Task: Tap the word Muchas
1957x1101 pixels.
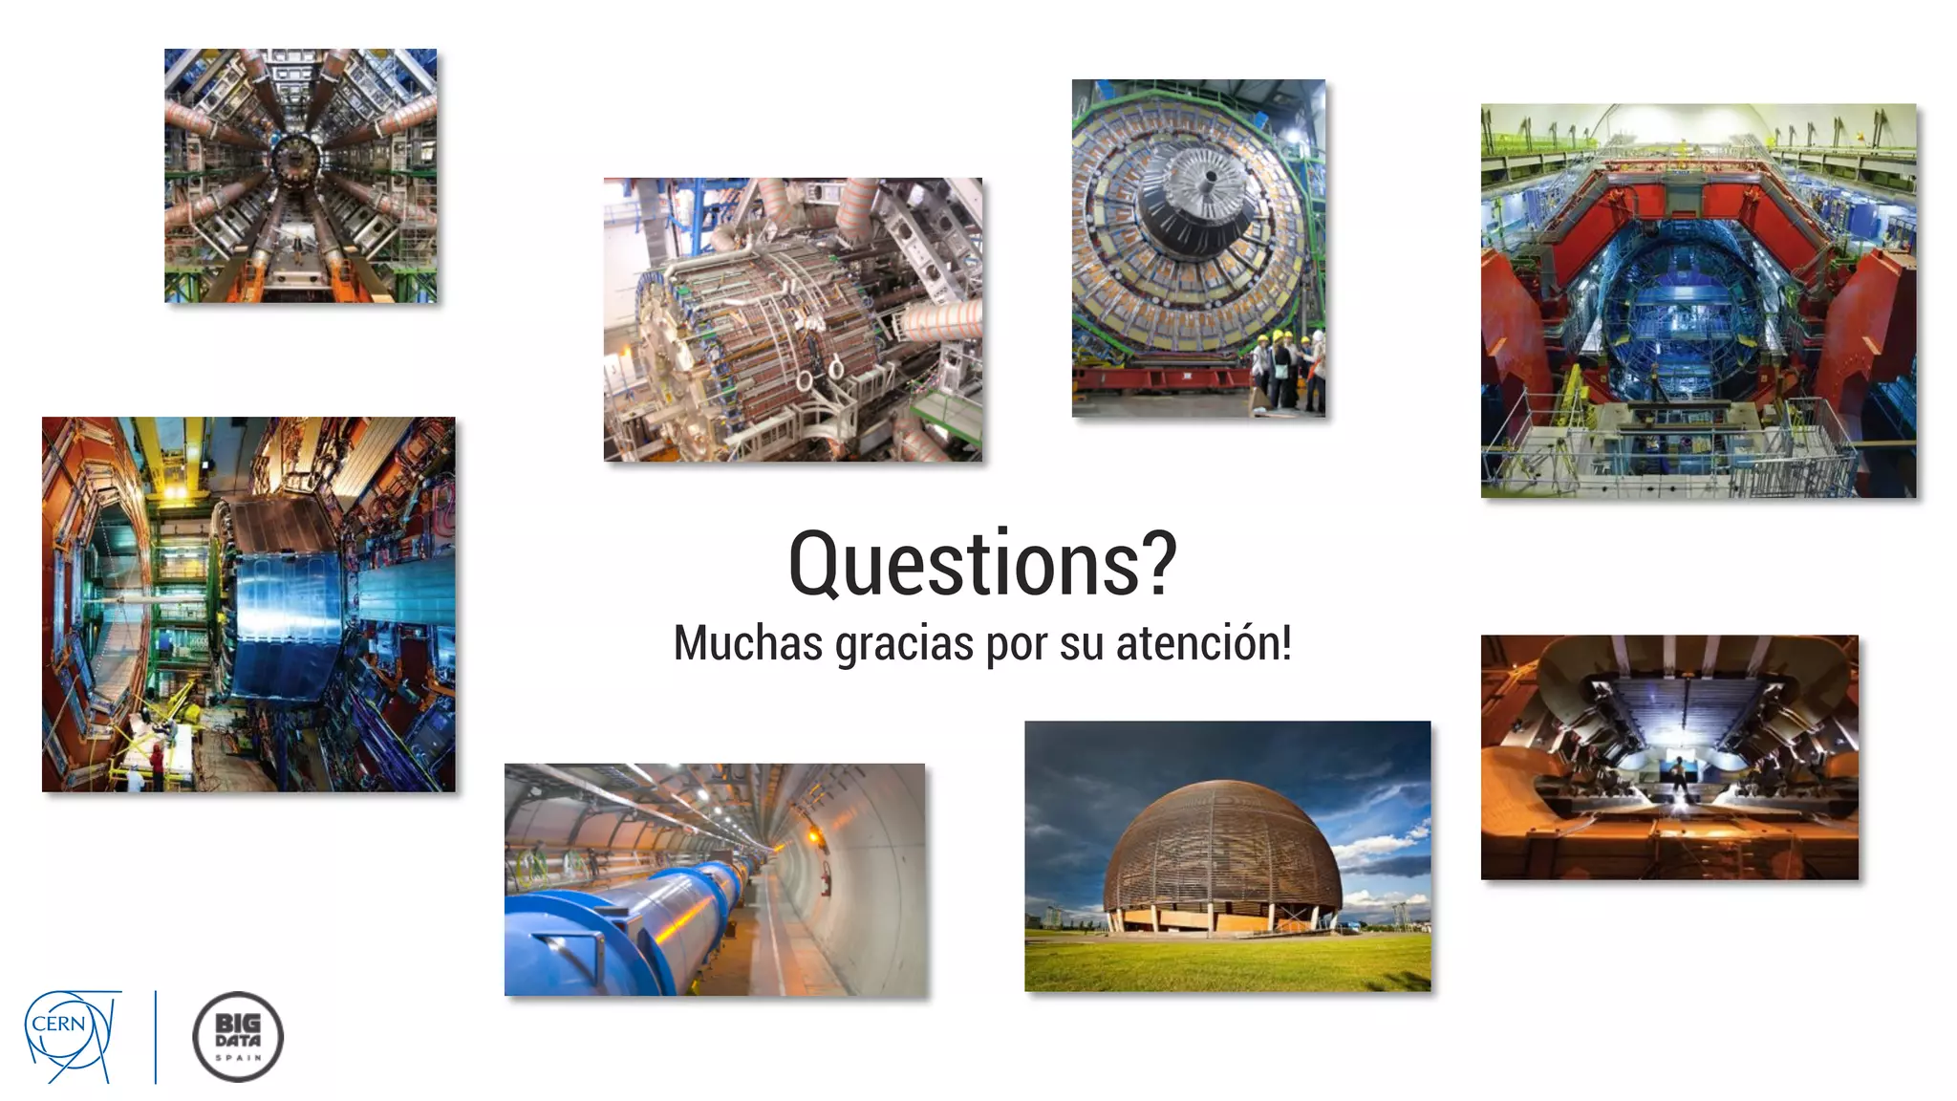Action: tap(747, 642)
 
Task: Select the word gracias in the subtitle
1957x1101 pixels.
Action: tap(904, 644)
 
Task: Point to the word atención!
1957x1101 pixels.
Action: tap(1203, 642)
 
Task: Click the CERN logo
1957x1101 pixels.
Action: tap(72, 1035)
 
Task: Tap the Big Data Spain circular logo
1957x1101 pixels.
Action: tap(238, 1037)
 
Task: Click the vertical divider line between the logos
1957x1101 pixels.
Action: tap(156, 1037)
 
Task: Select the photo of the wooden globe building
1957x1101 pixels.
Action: tap(1227, 855)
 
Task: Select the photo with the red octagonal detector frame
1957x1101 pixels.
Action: tap(1698, 300)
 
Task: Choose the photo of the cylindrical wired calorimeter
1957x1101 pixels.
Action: tap(792, 319)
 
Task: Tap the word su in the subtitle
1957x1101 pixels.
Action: tap(1082, 644)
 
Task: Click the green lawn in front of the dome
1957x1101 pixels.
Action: tap(1227, 961)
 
